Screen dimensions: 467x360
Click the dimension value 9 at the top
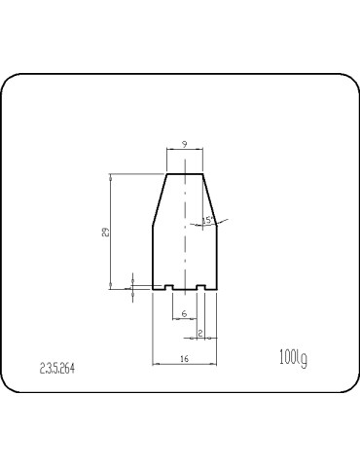tap(184, 144)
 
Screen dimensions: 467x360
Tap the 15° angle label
tap(208, 221)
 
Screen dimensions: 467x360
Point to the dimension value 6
tap(184, 314)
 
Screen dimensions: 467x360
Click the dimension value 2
tap(199, 334)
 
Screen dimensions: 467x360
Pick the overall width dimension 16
tap(184, 359)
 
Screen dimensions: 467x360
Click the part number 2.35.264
tap(56, 368)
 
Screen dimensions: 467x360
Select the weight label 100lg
tap(293, 359)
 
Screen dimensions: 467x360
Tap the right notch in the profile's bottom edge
tap(199, 288)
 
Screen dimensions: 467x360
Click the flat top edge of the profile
tap(184, 174)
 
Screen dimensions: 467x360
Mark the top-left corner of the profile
tap(166, 174)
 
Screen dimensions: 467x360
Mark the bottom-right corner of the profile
tap(216, 290)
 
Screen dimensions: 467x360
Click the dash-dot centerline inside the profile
tap(184, 233)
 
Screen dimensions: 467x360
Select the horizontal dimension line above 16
tap(184, 364)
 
